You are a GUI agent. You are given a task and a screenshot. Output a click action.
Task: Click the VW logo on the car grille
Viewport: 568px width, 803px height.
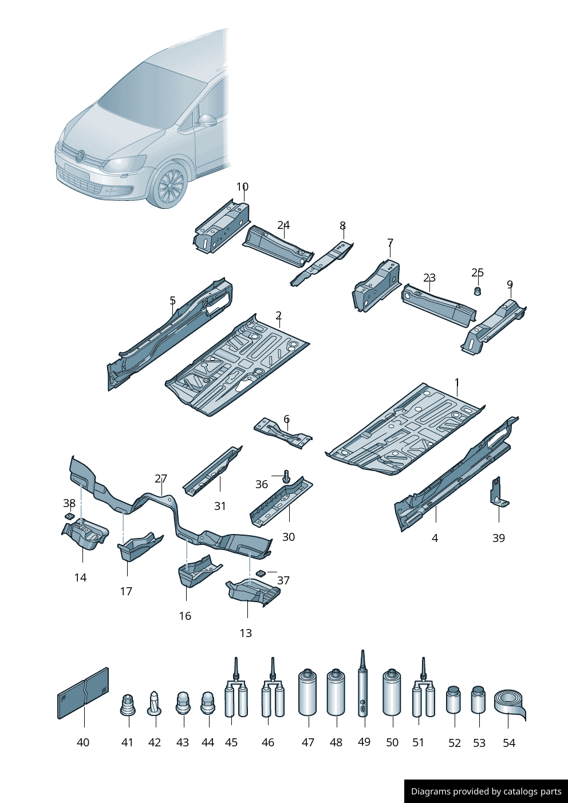tap(81, 155)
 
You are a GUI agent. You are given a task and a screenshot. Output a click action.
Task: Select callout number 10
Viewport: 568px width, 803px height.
tap(242, 187)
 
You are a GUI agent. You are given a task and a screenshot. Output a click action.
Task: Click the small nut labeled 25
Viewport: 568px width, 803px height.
tap(478, 291)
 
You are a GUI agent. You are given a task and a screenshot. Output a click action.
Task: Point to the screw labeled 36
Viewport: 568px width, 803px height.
tap(287, 476)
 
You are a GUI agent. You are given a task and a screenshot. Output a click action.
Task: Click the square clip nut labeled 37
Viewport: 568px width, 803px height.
tap(261, 572)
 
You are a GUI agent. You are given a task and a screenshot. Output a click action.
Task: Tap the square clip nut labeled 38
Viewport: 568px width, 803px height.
tap(70, 516)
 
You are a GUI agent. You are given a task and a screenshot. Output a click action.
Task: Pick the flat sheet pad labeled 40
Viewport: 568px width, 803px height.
tap(83, 693)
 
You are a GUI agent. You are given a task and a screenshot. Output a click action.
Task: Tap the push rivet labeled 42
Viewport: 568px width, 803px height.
tap(155, 703)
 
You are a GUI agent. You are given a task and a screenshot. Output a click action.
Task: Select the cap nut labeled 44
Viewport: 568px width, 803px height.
tap(207, 703)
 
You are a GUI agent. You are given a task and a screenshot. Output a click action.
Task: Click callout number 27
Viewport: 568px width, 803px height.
tap(161, 478)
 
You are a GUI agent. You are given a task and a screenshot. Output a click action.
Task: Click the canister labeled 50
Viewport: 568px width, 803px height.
tap(392, 693)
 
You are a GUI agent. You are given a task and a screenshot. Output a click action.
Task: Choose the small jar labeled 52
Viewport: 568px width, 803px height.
tap(453, 699)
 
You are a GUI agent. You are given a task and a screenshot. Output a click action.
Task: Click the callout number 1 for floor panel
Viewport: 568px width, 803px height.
tap(457, 382)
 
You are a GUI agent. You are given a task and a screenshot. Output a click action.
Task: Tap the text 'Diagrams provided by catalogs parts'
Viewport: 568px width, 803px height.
tap(486, 792)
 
